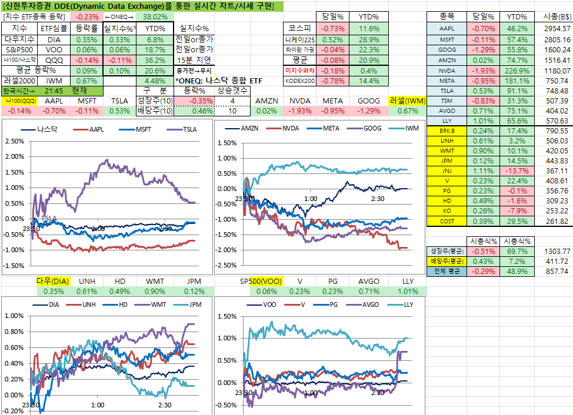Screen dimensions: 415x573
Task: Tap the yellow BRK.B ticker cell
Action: coord(447,130)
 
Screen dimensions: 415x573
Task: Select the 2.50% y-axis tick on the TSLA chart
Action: coord(14,142)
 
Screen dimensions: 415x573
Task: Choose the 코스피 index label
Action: coord(299,28)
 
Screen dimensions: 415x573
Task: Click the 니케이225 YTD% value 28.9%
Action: coord(368,39)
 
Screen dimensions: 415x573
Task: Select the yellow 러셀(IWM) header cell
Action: coord(407,101)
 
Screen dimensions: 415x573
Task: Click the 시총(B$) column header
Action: coord(555,17)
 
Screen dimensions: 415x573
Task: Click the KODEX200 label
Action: coord(299,81)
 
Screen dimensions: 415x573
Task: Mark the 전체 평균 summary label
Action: coord(447,272)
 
